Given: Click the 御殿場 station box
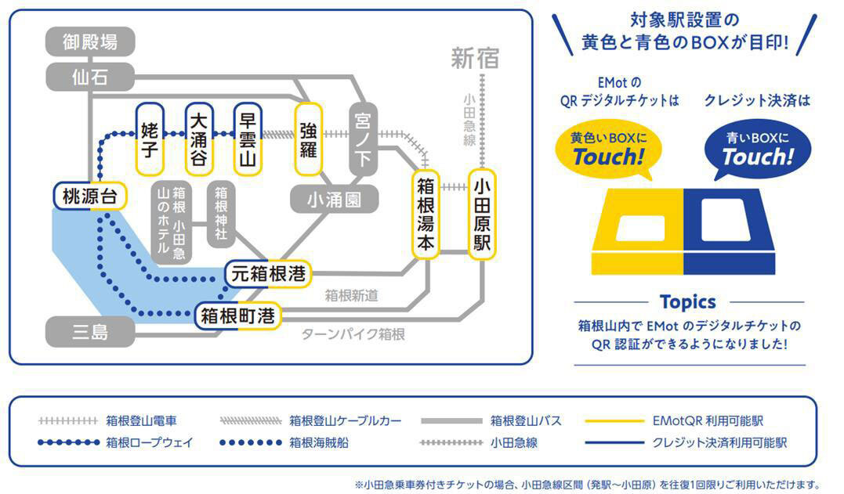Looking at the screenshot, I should tap(90, 41).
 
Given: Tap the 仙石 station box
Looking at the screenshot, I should tap(90, 77).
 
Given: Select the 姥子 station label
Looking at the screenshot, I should tap(150, 139).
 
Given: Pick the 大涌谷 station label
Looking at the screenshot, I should tap(200, 139).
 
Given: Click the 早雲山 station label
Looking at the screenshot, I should tap(248, 139).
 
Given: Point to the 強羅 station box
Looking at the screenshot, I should tap(308, 139).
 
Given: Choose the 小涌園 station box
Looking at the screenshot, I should tap(335, 200).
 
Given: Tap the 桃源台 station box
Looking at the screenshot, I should tap(90, 197).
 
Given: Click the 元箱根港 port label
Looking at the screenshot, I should tap(268, 274).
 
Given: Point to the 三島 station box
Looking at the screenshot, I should tap(90, 333).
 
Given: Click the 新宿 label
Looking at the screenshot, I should tap(474, 57).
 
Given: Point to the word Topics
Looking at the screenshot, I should tap(687, 301).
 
